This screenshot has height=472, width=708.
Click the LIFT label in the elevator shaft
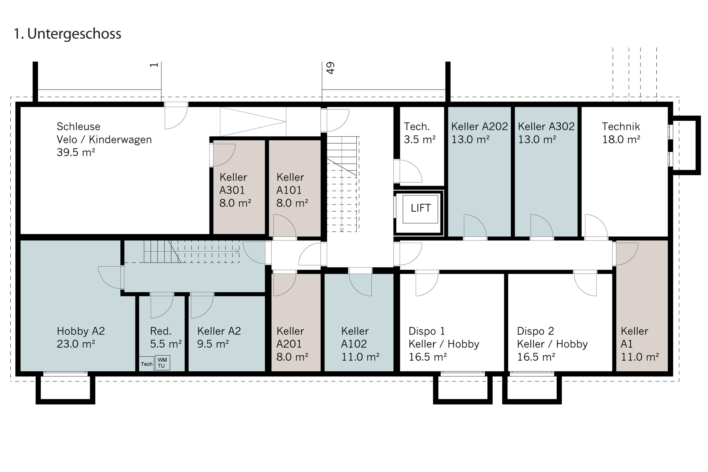[x=421, y=208]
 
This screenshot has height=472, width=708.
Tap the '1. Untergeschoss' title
[x=68, y=34]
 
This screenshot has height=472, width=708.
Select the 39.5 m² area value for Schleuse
[x=76, y=152]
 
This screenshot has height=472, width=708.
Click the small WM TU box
[x=162, y=363]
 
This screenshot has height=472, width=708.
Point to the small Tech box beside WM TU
[x=147, y=364]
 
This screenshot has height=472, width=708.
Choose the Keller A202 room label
[x=480, y=127]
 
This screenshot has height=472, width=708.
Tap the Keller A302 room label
[x=546, y=127]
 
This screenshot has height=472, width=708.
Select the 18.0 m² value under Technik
[x=621, y=139]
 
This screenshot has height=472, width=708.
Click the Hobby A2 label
[x=81, y=331]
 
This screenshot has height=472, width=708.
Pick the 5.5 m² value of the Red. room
[x=166, y=344]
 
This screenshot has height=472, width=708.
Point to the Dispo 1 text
[x=427, y=331]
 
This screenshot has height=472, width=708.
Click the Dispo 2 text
[x=535, y=331]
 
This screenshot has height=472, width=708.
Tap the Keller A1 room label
[x=634, y=337]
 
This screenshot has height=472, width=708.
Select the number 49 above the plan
[x=330, y=68]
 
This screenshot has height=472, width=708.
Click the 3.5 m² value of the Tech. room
[x=419, y=139]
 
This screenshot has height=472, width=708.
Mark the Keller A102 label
[x=355, y=337]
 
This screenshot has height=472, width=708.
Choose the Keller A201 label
[x=290, y=337]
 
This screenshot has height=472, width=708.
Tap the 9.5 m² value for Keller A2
[x=213, y=344]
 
